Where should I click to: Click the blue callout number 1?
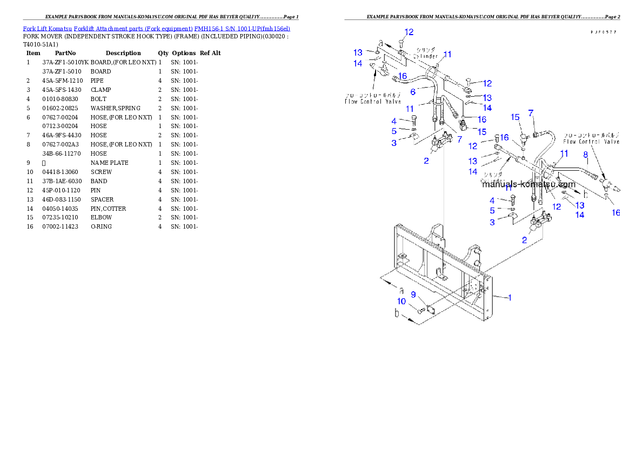(x=509, y=297)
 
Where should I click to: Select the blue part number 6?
(x=412, y=92)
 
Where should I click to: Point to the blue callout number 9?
(x=413, y=295)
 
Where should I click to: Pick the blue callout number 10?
(x=401, y=301)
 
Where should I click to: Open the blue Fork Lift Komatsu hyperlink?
(x=156, y=28)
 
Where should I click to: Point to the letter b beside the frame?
(x=397, y=313)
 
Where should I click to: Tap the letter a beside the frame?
(x=401, y=290)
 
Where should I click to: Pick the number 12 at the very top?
(x=409, y=32)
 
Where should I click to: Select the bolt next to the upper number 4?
(x=414, y=120)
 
